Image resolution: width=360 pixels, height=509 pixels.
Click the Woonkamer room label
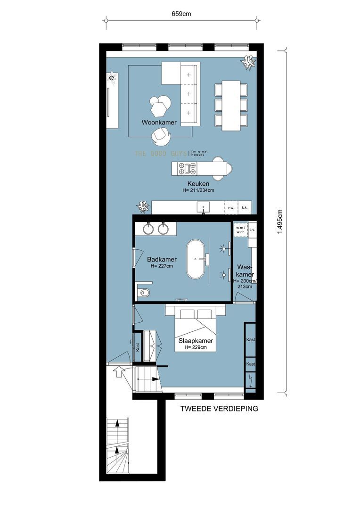[x=159, y=122]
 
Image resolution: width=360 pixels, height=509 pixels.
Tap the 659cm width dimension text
[x=181, y=14]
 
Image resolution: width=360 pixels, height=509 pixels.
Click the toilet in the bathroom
[x=144, y=293]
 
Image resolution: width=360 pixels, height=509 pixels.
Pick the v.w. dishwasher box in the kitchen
[x=231, y=207]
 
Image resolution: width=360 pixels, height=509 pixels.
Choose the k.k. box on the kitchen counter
[x=245, y=207]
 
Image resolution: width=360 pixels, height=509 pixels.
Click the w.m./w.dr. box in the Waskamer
[x=240, y=229]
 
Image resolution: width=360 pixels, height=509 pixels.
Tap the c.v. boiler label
[x=252, y=229]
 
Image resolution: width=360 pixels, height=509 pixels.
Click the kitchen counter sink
[x=204, y=206]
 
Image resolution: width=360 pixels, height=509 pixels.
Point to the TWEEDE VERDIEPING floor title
[x=219, y=409]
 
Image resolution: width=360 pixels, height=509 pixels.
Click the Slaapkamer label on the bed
[x=196, y=341]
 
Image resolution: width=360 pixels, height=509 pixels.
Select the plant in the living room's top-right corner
[x=248, y=63]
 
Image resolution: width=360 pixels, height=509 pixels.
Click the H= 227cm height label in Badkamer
[x=162, y=266]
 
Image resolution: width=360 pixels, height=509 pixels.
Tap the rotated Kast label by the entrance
[x=138, y=347]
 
